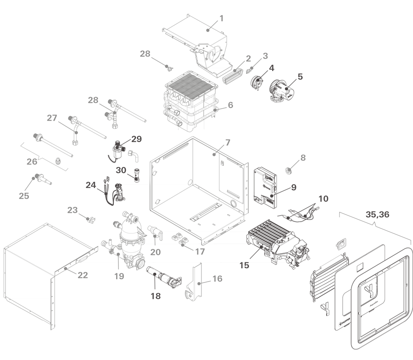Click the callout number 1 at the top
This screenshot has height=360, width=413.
(x=222, y=18)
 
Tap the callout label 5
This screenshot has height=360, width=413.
(x=300, y=77)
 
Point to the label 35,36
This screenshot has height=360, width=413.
(x=377, y=214)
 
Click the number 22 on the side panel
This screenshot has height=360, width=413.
(x=83, y=275)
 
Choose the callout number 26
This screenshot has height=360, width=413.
(x=32, y=161)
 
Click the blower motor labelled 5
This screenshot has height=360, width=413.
(x=282, y=90)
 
